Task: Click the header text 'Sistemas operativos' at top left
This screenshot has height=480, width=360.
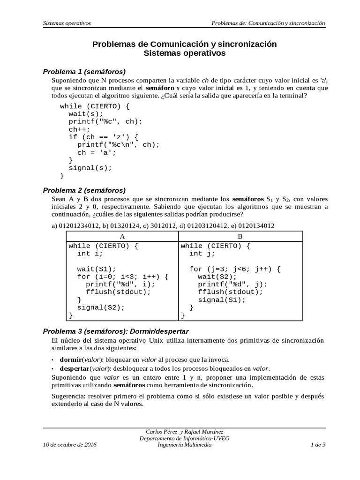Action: pyautogui.click(x=67, y=22)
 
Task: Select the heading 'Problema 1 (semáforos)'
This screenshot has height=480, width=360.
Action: pyautogui.click(x=84, y=72)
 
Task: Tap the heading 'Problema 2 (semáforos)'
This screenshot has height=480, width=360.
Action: pyautogui.click(x=84, y=190)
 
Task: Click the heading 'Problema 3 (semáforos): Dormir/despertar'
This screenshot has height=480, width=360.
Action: pyautogui.click(x=116, y=331)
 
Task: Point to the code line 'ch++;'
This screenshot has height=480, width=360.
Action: pyautogui.click(x=77, y=129)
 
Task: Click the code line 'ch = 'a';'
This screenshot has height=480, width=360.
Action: pyautogui.click(x=96, y=152)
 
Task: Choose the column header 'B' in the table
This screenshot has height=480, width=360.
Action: pyautogui.click(x=240, y=236)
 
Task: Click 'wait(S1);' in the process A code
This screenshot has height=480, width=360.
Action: pyautogui.click(x=96, y=269)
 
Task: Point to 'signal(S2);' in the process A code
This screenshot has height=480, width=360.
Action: pyautogui.click(x=101, y=307)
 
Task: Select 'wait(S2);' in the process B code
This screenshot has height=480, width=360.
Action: pyautogui.click(x=216, y=277)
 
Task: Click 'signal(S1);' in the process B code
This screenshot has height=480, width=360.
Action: pyautogui.click(x=222, y=300)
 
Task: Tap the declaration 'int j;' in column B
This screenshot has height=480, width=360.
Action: pyautogui.click(x=202, y=254)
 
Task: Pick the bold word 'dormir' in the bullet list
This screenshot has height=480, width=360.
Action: pyautogui.click(x=70, y=360)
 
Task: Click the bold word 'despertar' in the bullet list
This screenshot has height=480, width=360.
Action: pyautogui.click(x=75, y=368)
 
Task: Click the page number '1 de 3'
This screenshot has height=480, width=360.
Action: pyautogui.click(x=318, y=445)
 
